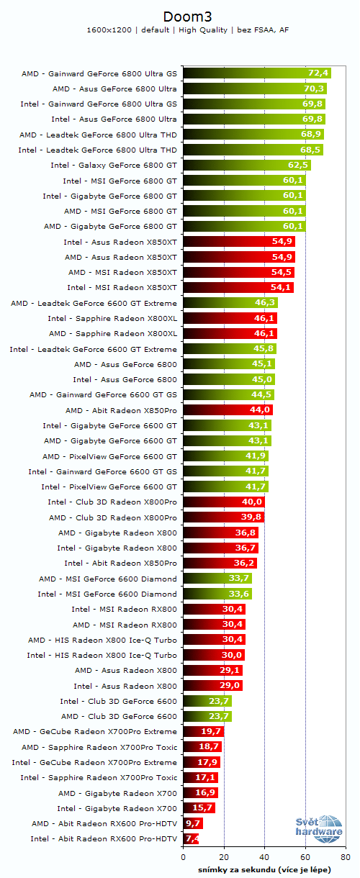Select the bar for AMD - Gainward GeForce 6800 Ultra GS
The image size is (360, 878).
256,73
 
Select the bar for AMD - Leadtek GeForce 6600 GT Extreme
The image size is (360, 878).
230,303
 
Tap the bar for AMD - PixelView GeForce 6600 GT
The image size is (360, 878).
225,456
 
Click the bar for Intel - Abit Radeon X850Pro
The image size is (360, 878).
220,564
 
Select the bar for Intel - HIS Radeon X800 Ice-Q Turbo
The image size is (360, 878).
214,655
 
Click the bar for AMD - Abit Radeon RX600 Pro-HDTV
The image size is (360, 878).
193,823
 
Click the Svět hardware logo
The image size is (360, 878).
318,828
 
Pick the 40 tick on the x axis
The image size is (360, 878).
266,858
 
